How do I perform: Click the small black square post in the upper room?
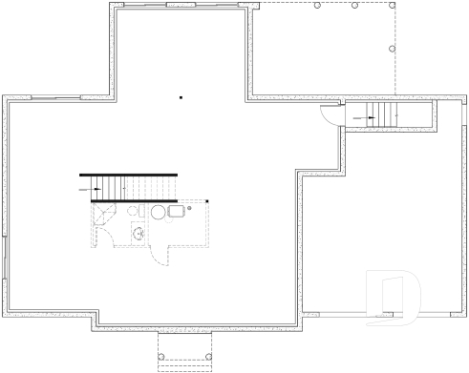point(181,96)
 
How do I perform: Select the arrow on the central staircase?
point(96,189)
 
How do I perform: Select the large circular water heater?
point(158,211)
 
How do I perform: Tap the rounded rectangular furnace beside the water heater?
point(177,211)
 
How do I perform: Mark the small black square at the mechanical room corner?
point(206,200)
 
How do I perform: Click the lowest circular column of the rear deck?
point(392,49)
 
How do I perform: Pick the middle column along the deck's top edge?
point(354,5)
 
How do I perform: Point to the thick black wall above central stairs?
point(129,174)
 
